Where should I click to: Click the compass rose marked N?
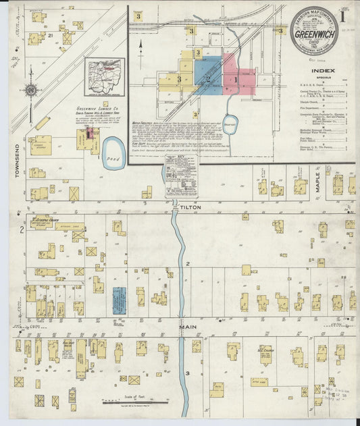[x=30, y=89]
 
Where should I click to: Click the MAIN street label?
[x=188, y=327]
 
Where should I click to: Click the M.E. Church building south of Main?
[x=265, y=353]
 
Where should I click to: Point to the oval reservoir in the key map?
[x=230, y=124]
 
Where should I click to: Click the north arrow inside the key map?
[x=140, y=46]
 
